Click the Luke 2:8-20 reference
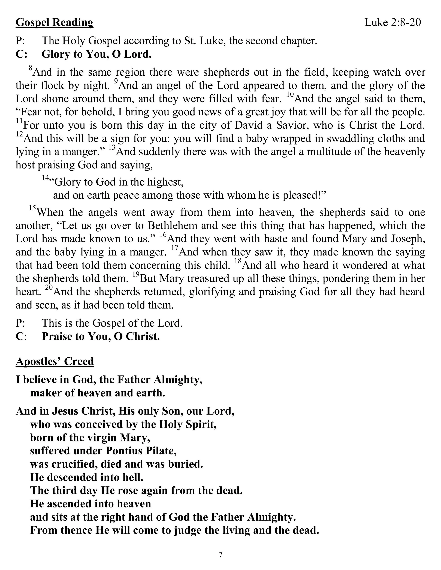[x=393, y=23]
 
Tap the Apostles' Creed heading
[x=55, y=361]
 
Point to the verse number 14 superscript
[x=46, y=178]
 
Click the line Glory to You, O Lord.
[x=96, y=54]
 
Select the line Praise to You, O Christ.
[x=101, y=337]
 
